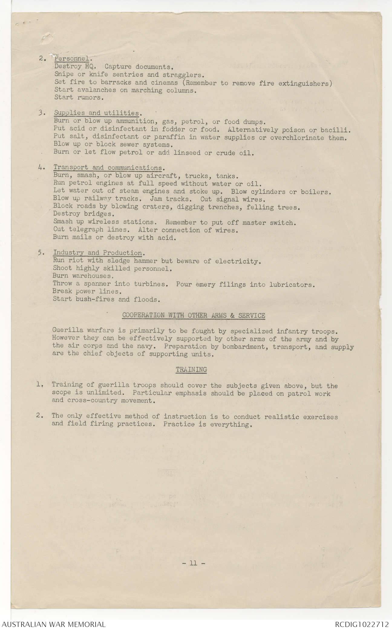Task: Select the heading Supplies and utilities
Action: pyautogui.click(x=96, y=113)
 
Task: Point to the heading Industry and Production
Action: pyautogui.click(x=97, y=253)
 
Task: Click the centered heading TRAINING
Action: pyautogui.click(x=191, y=369)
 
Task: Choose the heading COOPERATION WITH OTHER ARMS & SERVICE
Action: pyautogui.click(x=194, y=315)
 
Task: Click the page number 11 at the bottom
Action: pyautogui.click(x=194, y=563)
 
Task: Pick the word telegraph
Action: pyautogui.click(x=86, y=230)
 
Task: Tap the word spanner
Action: pyautogui.click(x=97, y=284)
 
